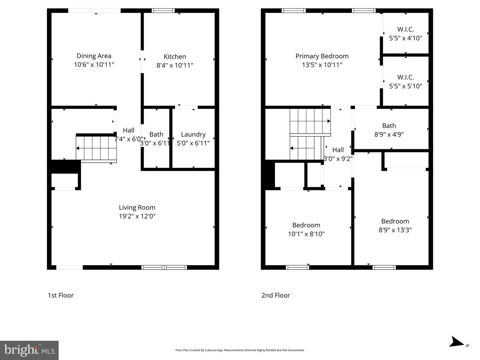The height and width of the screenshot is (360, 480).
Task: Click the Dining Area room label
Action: coord(94,56)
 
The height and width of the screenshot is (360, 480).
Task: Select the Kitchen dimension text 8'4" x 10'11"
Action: coord(175,65)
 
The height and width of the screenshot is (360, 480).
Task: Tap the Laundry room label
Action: coord(193,134)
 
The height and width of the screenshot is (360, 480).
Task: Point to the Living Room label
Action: coord(137,207)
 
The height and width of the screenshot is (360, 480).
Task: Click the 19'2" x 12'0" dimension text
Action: coord(137,216)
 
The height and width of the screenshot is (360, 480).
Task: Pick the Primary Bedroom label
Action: coord(322,56)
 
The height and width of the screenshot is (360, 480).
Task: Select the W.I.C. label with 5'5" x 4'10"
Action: coord(405,29)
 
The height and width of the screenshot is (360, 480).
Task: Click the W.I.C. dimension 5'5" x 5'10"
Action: coord(405,86)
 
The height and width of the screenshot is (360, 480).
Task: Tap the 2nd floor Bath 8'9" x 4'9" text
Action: coord(389,134)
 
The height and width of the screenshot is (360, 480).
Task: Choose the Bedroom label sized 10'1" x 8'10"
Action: coord(306,225)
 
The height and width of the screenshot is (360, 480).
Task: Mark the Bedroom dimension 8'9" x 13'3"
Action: coord(395,230)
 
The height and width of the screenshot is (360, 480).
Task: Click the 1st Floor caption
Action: coord(61,295)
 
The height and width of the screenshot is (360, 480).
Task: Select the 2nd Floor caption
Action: coord(275,295)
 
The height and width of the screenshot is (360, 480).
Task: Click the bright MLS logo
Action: coord(29,350)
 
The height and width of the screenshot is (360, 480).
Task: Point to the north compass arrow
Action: coord(457,342)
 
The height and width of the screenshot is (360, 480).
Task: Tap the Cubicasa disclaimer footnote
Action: coord(240,350)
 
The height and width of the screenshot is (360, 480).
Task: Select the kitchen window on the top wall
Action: coord(163,11)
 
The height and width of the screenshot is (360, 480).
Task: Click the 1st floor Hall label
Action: coord(128,130)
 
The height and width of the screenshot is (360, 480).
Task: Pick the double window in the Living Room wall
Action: coord(164,267)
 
